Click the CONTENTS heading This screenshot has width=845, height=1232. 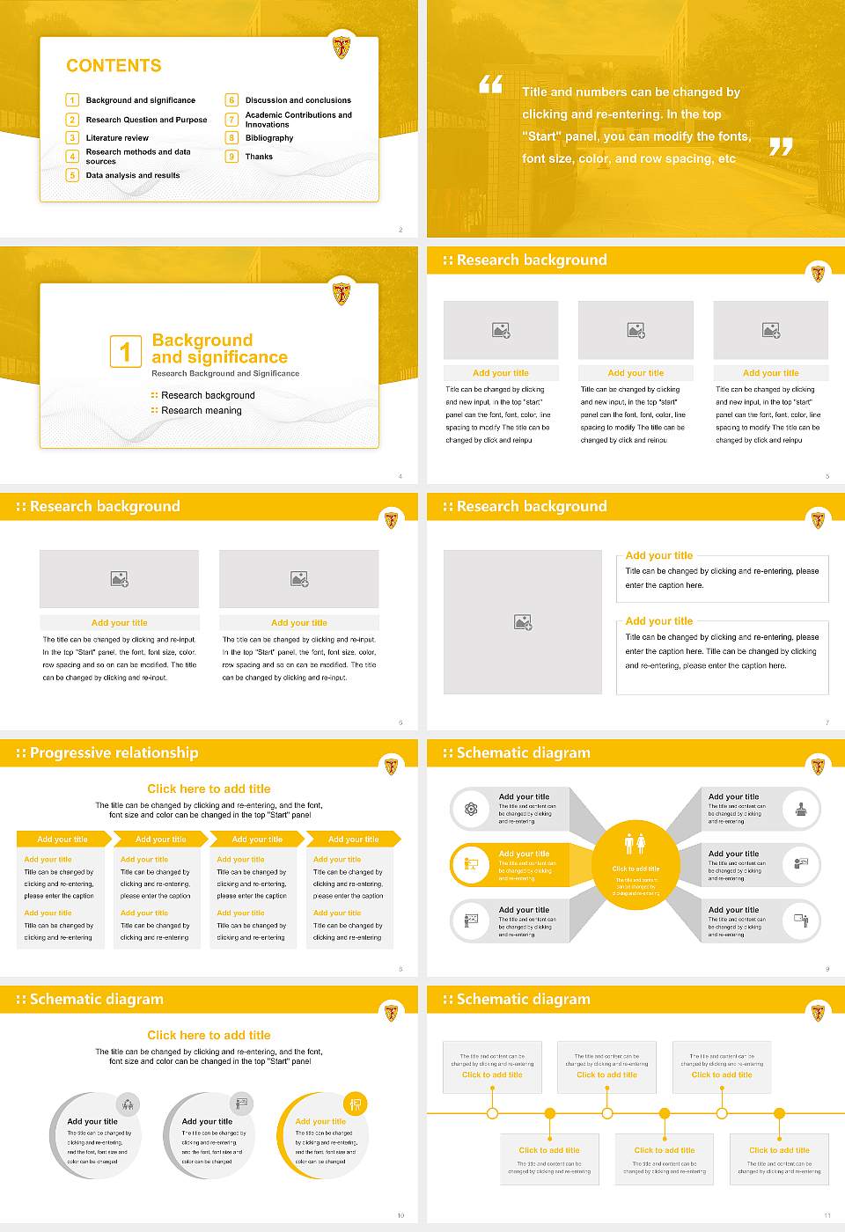click(x=114, y=66)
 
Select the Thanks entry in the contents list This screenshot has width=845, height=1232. click(x=259, y=157)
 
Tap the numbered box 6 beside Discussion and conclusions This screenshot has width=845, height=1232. click(x=231, y=100)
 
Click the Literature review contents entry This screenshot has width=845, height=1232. click(x=117, y=138)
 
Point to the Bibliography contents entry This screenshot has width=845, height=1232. click(x=269, y=138)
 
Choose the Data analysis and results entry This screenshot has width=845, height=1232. click(x=132, y=175)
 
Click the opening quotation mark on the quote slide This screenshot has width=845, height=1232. click(x=490, y=84)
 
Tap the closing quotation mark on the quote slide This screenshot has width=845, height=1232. click(x=781, y=147)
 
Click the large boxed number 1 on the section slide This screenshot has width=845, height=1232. click(x=125, y=351)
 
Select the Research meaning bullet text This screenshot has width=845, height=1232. click(x=201, y=410)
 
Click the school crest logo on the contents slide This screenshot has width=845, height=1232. click(x=342, y=47)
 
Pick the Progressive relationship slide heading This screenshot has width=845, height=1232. click(x=114, y=752)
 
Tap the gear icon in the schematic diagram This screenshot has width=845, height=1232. click(x=471, y=809)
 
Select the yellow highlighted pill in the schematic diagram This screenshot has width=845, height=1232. click(x=511, y=865)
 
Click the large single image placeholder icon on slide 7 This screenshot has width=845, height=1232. click(x=523, y=622)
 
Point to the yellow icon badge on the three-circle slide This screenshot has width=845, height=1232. click(x=355, y=1104)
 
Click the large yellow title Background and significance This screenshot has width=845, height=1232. click(x=219, y=348)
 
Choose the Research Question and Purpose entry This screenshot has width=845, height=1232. click(x=146, y=120)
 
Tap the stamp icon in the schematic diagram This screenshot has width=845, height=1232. click(x=801, y=809)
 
